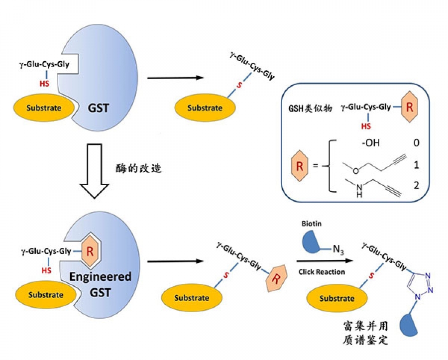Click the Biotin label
point(312,224)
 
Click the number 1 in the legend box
point(416,165)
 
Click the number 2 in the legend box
point(416,186)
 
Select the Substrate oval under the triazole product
point(336,298)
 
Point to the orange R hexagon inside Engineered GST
point(90,250)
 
